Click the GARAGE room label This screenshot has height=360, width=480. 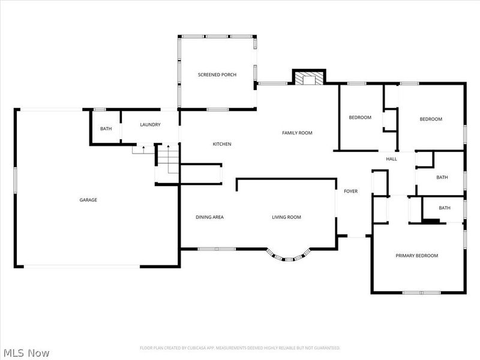coord(88,200)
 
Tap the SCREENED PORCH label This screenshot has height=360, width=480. coord(217,74)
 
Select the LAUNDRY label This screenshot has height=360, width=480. coord(150,125)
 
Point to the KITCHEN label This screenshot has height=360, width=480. coord(222,144)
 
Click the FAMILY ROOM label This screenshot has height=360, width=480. coord(297,133)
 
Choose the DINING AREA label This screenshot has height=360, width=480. coord(209,217)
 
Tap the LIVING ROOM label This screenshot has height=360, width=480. coord(286,217)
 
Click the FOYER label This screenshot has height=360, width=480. coord(350,191)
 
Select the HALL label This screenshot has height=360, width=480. coord(391,159)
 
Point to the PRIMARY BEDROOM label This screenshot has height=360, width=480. coord(416,256)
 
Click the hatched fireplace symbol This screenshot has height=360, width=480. coord(309,78)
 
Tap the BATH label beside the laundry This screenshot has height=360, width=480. coord(106,128)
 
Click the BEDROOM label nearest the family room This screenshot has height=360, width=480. coord(360,117)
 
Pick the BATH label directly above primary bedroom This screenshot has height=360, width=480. coord(445,208)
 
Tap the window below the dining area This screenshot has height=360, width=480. coord(217,249)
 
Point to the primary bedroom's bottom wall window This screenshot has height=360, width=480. coord(422,293)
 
